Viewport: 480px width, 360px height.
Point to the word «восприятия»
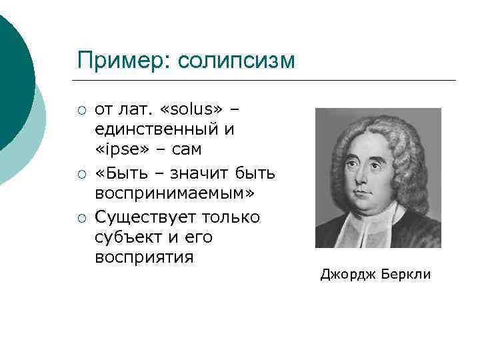point(144,257)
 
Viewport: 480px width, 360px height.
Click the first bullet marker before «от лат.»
point(81,109)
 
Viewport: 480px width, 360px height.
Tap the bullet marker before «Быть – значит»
point(81,174)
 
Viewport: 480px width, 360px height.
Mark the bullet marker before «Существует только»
point(81,218)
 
